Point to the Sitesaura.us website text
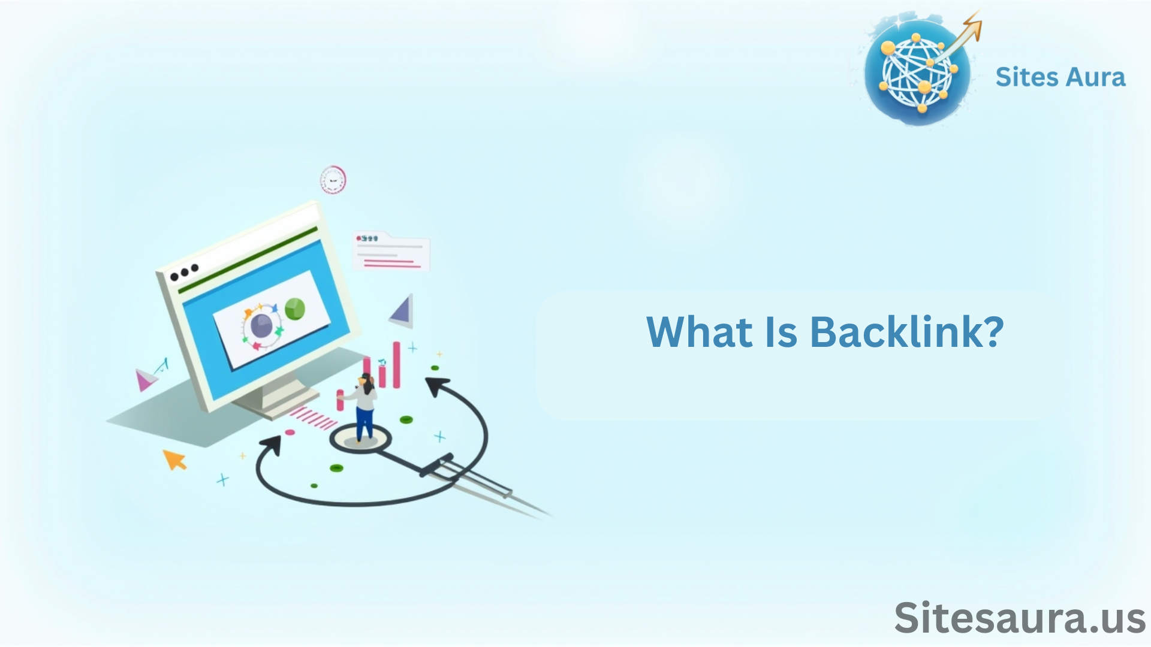pos(1020,618)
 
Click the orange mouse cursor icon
pos(174,459)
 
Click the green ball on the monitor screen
pos(294,309)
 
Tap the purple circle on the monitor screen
pos(261,325)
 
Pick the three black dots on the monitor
pos(184,273)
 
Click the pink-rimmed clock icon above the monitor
pos(333,179)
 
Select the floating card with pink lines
pos(391,251)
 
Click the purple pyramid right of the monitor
pos(402,310)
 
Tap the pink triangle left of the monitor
pos(144,380)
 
